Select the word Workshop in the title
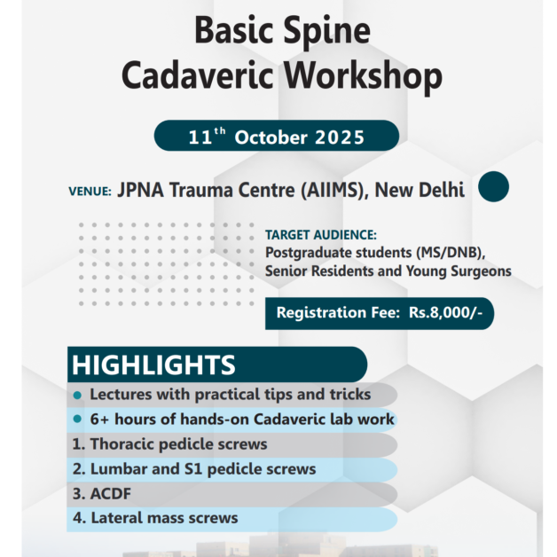[x=365, y=77]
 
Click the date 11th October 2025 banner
[x=276, y=137]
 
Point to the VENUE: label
[x=90, y=191]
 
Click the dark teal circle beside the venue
[x=494, y=188]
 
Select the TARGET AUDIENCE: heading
[x=321, y=236]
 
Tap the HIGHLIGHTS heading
[x=153, y=365]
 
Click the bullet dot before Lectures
[x=78, y=395]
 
